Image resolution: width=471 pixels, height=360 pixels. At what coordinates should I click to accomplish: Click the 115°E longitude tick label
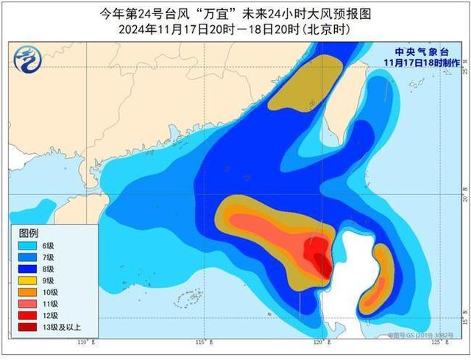pyautogui.click(x=208, y=343)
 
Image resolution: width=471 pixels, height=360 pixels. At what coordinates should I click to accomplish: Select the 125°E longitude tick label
pyautogui.click(x=438, y=343)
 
